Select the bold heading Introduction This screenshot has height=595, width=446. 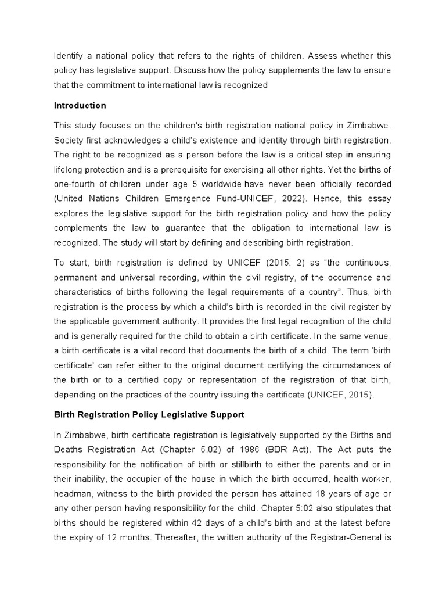[x=80, y=106]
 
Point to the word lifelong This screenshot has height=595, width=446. [x=71, y=169]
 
